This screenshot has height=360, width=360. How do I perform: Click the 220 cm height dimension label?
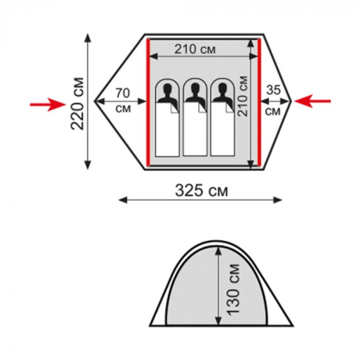pyautogui.click(x=77, y=103)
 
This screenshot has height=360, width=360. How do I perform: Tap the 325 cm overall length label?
pyautogui.click(x=202, y=191)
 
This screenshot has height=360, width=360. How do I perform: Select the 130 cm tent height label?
pyautogui.click(x=232, y=289)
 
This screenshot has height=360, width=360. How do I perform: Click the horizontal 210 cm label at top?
pyautogui.click(x=195, y=49)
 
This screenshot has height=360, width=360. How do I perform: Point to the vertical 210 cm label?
pyautogui.click(x=242, y=96)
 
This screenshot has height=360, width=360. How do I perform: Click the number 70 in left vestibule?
pyautogui.click(x=123, y=93)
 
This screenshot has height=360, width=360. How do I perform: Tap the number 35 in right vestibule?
pyautogui.click(x=273, y=90)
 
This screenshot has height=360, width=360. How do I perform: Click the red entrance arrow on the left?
pyautogui.click(x=48, y=105)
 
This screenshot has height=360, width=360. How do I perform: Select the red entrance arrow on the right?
pyautogui.click(x=313, y=101)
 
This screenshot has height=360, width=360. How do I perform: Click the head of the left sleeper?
pyautogui.click(x=168, y=88)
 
